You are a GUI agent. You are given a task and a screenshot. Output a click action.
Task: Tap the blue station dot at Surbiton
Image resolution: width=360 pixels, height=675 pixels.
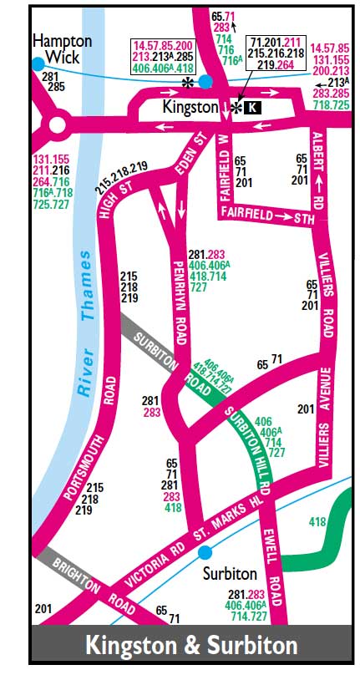(x=205, y=552)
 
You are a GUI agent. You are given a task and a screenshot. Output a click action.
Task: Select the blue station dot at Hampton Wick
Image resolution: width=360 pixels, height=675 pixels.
(x=37, y=63)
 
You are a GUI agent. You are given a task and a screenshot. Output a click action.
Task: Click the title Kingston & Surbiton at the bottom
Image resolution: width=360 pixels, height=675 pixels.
(x=191, y=646)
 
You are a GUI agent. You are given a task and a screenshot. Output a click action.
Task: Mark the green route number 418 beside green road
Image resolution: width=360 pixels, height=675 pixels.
(x=317, y=521)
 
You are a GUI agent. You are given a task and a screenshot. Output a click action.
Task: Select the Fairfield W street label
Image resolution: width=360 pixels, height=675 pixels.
(x=224, y=167)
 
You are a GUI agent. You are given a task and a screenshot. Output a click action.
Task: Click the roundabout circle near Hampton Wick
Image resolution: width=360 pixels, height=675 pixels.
(x=57, y=126)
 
